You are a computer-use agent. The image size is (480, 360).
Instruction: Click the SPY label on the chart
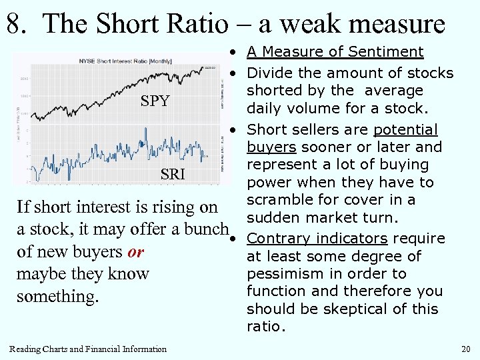click(x=155, y=102)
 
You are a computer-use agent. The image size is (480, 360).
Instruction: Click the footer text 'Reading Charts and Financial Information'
click(x=88, y=349)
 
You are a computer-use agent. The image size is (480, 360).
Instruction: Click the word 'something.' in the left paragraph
click(x=58, y=295)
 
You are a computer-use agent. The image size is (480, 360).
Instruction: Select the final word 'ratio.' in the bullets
click(x=265, y=327)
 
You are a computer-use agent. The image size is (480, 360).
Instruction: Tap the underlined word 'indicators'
click(x=352, y=238)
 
